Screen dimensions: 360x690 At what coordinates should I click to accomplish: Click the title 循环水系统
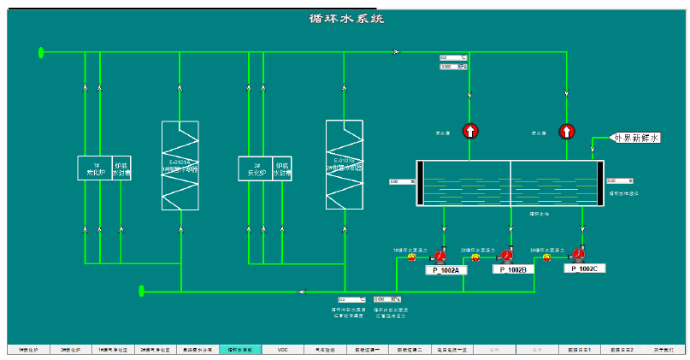tap(346, 18)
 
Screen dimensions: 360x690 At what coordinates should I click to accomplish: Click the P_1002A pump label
tap(445, 271)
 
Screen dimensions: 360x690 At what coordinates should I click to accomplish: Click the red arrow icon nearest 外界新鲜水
tap(566, 131)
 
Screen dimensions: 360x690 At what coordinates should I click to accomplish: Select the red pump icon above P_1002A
tap(440, 255)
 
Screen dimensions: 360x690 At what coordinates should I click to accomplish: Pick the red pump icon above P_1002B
tap(506, 254)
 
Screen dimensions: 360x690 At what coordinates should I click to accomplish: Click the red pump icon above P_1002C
tap(579, 253)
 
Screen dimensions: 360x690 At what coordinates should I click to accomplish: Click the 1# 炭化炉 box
tap(96, 168)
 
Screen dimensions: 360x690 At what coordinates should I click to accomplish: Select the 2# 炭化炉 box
tap(255, 168)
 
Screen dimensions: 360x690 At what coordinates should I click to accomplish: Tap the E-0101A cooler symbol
tap(180, 165)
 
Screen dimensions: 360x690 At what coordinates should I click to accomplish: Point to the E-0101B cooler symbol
tap(345, 164)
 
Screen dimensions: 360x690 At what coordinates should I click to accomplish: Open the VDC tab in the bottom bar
tap(283, 349)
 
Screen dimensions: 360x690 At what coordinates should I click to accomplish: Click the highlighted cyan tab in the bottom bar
tap(240, 349)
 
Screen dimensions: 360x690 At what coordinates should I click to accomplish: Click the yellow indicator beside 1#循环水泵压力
tap(411, 257)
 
